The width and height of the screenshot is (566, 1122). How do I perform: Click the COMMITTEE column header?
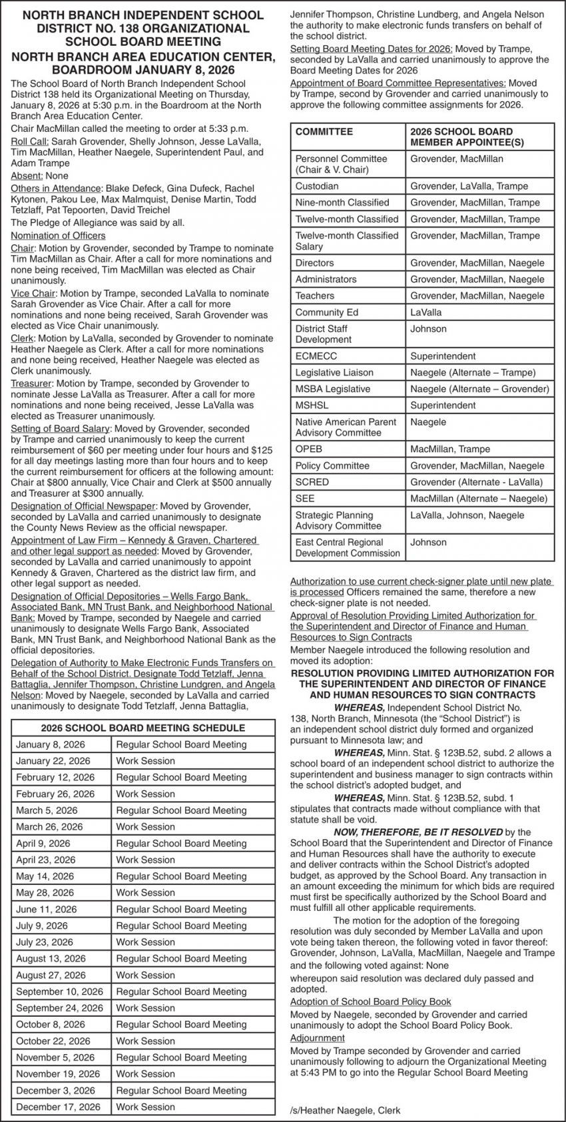(x=324, y=132)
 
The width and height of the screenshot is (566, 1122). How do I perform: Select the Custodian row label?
(x=317, y=186)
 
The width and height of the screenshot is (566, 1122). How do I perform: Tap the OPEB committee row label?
(x=309, y=449)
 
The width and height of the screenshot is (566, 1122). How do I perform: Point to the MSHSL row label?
(x=312, y=406)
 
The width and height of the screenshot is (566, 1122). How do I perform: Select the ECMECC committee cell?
(x=316, y=356)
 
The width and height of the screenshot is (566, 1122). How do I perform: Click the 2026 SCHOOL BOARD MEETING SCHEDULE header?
(x=143, y=728)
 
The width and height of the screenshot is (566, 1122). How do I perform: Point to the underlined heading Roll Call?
(x=29, y=142)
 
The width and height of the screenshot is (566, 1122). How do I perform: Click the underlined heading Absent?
(x=26, y=176)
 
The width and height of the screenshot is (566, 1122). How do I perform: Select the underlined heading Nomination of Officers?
(x=58, y=236)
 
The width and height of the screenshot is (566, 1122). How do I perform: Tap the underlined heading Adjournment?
(x=318, y=1038)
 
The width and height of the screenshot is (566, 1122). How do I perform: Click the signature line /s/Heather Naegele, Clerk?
(x=346, y=1111)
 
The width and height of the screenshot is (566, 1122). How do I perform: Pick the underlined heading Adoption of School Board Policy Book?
(x=370, y=1001)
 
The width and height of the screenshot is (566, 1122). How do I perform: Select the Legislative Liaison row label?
(x=334, y=373)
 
